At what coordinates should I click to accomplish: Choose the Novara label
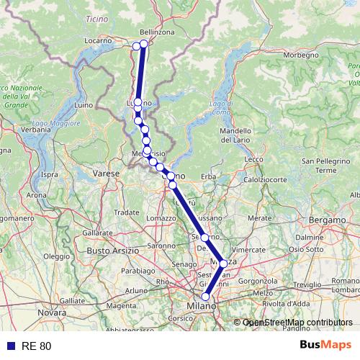point(52,312)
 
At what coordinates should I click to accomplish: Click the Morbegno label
point(301,55)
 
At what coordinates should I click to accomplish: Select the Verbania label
point(20,130)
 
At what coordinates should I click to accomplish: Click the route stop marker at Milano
point(206,297)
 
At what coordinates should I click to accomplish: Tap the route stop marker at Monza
point(223,264)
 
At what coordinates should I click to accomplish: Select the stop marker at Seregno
point(204,238)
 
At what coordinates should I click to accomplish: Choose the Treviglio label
point(307,285)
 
